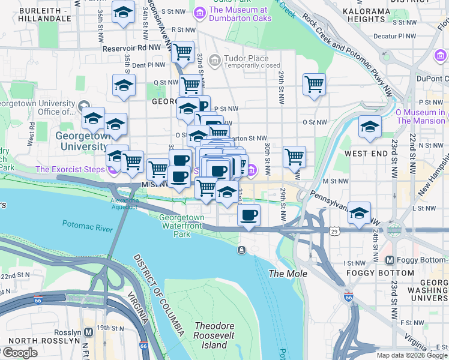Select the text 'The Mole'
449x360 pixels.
tap(288, 274)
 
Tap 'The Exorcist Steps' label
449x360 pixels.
tap(70, 169)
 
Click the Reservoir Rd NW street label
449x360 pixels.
tap(132, 49)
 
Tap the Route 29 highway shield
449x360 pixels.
tap(334, 230)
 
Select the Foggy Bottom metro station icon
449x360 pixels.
tap(390, 260)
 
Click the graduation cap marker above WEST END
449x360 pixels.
tap(370, 127)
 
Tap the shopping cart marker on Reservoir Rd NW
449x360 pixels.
tap(182, 52)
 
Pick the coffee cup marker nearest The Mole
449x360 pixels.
tap(249, 214)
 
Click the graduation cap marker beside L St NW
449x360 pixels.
tap(359, 213)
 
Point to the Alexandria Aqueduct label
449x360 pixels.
tap(124, 203)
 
